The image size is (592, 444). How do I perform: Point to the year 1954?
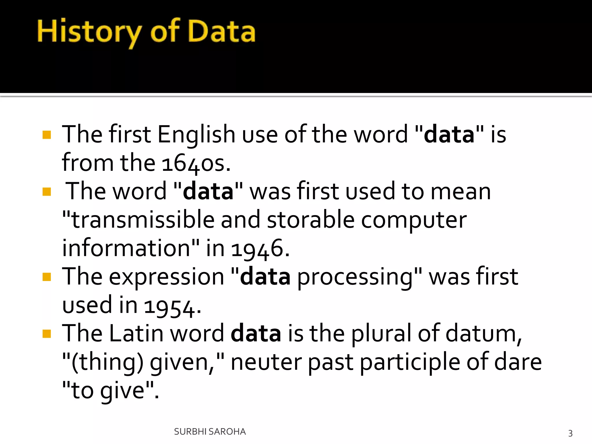[x=172, y=306]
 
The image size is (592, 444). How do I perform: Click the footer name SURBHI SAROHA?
[x=210, y=432]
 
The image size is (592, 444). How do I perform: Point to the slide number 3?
[x=570, y=433]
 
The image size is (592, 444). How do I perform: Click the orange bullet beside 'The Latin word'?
[x=47, y=334]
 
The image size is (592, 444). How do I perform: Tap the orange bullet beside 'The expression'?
[x=47, y=277]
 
